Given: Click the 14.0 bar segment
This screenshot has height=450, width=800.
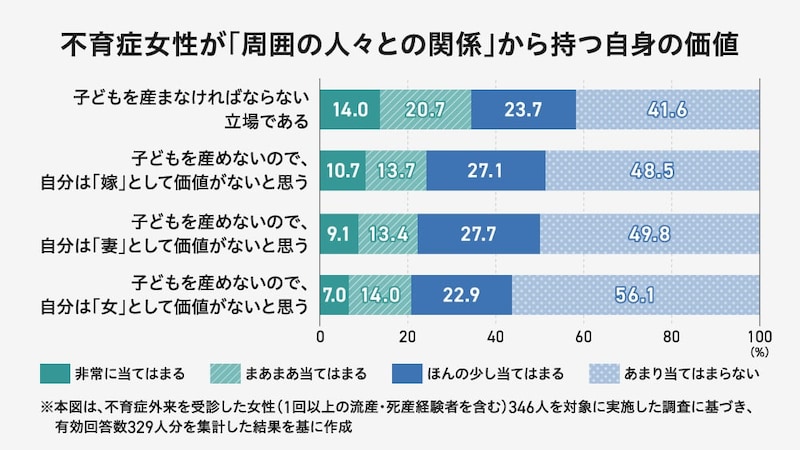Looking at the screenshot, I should click(x=350, y=109).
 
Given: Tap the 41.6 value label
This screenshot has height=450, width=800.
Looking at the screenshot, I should click(x=668, y=109).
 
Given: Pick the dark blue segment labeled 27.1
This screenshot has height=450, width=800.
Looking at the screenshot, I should click(x=485, y=171).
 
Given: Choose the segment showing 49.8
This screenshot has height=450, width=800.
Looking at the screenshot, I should click(x=650, y=233).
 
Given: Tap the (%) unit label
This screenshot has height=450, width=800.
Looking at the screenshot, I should click(x=759, y=352).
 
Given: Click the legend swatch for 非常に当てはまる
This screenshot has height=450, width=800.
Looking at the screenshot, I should click(x=54, y=374).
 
